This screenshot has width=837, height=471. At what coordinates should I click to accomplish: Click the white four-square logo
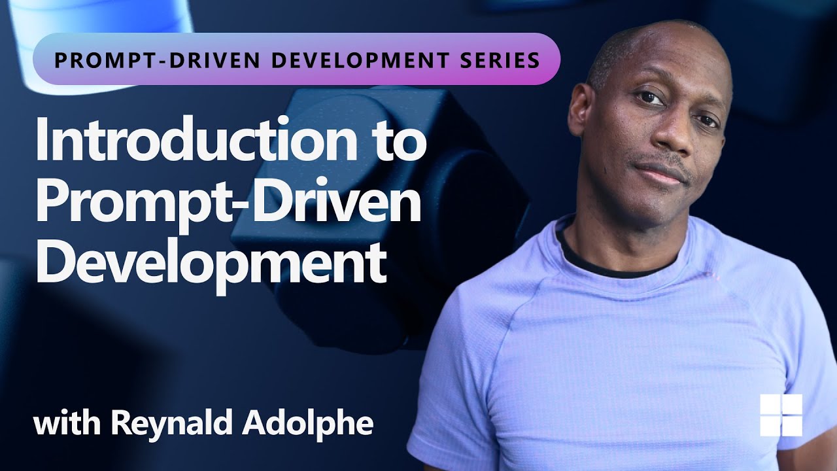(x=781, y=415)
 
